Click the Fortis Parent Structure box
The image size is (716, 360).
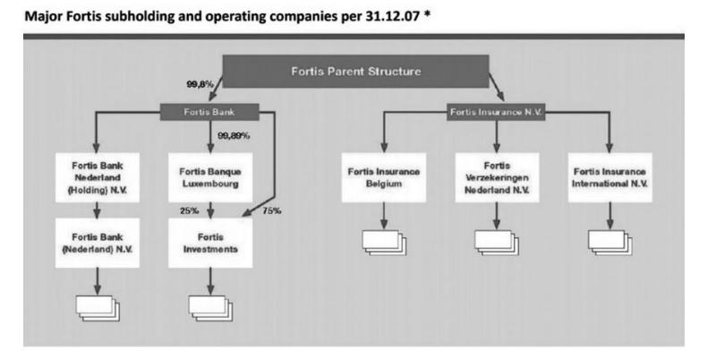355,72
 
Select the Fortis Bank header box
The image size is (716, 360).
210,113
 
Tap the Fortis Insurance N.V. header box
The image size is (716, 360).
498,113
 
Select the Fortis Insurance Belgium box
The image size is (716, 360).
383,176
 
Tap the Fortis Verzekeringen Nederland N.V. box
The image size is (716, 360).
497,176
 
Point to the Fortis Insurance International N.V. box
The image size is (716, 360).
610,176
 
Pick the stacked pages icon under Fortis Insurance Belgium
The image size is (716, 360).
383,243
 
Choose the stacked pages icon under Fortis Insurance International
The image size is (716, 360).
610,243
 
